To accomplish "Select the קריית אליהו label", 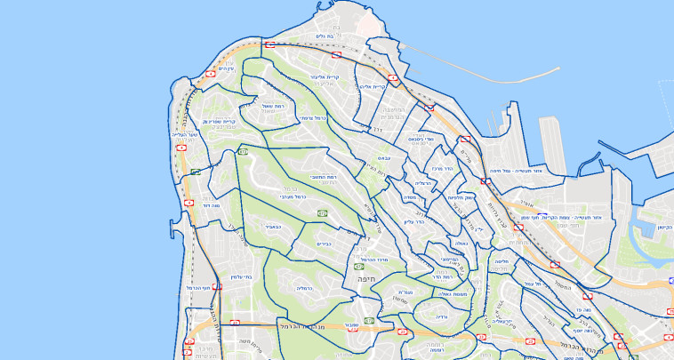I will pos(373,86).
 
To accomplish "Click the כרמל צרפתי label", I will pos(314,118).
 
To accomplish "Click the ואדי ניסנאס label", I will pos(421,140).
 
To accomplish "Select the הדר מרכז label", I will pos(443,168).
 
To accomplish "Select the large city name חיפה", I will pos(366,279).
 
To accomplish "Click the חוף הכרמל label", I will pos(197,288).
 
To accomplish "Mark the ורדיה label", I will pos(441,316).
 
